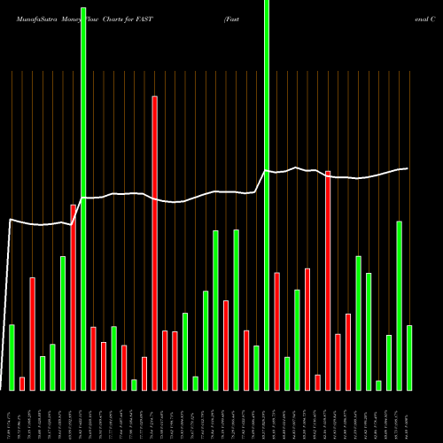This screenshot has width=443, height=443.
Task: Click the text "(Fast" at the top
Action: pyautogui.click(x=233, y=18)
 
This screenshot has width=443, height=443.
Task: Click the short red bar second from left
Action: pyautogui.click(x=22, y=383)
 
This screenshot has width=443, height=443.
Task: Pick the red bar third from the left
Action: pyautogui.click(x=33, y=333)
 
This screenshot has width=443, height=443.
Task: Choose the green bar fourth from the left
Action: pyautogui.click(x=43, y=372)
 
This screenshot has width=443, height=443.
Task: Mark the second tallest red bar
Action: pyautogui.click(x=328, y=280)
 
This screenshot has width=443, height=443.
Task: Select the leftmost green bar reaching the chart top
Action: pyautogui.click(x=83, y=195)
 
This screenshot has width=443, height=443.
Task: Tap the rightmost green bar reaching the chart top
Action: pyautogui.click(x=267, y=195)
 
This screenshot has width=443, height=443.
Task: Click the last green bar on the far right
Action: pyautogui.click(x=409, y=357)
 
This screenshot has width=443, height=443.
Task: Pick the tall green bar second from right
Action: pyautogui.click(x=400, y=305)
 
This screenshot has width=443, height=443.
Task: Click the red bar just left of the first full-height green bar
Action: pyautogui.click(x=74, y=297)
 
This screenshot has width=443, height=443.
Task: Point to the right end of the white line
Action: pyautogui.click(x=408, y=168)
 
